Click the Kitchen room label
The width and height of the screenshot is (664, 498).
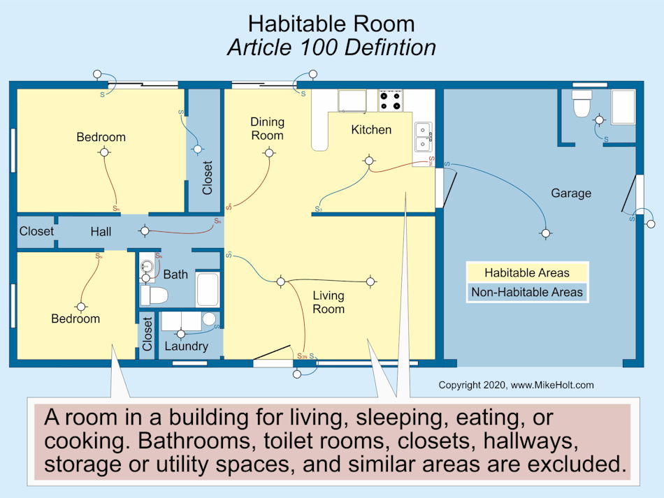coord(371,130)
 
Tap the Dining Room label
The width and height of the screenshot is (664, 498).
coord(267,129)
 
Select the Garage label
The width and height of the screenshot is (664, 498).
coord(571,193)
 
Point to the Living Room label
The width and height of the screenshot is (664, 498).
coord(328,302)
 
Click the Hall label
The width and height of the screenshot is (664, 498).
coord(101,231)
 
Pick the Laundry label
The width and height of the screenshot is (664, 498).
coord(187,346)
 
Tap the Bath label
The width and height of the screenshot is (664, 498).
coord(175,274)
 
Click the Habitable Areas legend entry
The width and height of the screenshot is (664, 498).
coord(527,273)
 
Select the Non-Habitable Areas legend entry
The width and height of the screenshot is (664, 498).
coord(527,292)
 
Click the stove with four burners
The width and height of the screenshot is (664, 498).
coord(391,101)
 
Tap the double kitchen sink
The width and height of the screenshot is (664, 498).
coord(424,137)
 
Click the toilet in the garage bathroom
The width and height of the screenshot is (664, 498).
coord(582,105)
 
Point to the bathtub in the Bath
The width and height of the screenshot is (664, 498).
coord(208,288)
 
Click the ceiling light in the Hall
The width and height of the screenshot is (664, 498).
coord(145,230)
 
